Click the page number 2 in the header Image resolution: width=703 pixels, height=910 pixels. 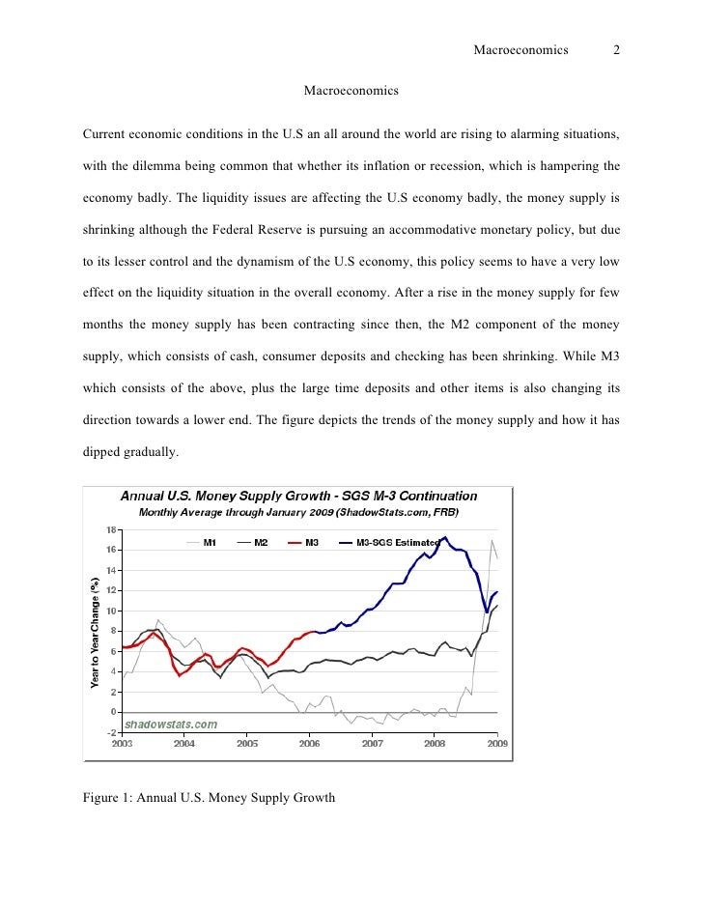coord(616,51)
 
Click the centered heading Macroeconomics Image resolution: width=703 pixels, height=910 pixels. coord(351,91)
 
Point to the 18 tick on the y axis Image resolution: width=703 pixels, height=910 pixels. coord(112,529)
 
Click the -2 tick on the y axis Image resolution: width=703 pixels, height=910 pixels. coord(112,733)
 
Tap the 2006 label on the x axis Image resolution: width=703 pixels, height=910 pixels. coord(309,744)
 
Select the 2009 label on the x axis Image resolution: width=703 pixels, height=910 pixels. coord(496,744)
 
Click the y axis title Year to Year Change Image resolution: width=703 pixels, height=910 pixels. coord(95,632)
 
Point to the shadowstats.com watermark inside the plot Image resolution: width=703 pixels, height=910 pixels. coord(169,724)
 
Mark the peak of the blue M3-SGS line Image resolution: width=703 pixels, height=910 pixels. coord(444,537)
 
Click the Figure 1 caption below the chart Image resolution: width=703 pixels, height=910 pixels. coord(209,798)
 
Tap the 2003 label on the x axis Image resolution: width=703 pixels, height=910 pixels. coord(123,744)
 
